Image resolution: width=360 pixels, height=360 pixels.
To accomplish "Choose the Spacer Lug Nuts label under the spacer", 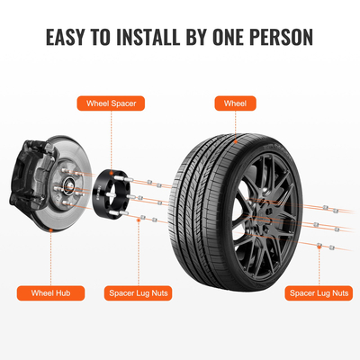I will pyautogui.click(x=140, y=292).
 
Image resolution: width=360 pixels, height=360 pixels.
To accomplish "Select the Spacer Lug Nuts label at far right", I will pyautogui.click(x=319, y=292).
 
